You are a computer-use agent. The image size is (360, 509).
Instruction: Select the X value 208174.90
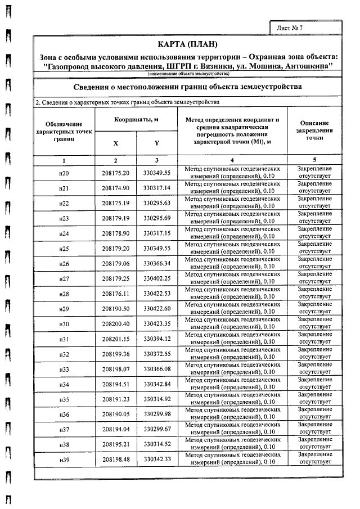pos(116,187)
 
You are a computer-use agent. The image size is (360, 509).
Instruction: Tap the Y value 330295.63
pos(157,202)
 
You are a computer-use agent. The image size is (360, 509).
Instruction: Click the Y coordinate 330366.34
pos(157,263)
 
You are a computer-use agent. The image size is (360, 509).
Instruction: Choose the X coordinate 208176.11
pos(116,294)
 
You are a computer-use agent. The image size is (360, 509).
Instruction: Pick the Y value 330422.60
pos(157,309)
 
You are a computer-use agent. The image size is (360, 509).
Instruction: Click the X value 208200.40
pos(116,324)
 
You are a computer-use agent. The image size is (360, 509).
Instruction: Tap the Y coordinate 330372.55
pos(157,354)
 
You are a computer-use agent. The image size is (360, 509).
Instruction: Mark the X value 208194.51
pos(116,385)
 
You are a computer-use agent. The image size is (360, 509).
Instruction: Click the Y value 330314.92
pos(157,400)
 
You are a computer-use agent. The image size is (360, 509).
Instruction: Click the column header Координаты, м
pos(136,120)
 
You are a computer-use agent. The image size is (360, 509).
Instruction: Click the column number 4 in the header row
pos(232,160)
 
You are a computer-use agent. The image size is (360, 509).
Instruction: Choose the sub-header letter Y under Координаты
pos(157,143)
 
